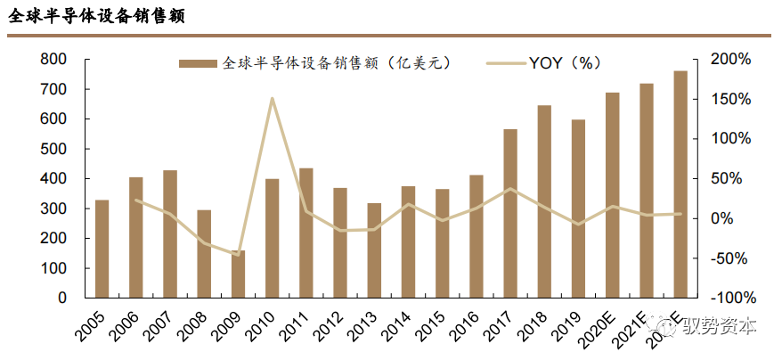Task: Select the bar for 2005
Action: coord(102,249)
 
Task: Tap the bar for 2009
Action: coord(238,274)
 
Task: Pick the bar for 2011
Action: coord(306,233)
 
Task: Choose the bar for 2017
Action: coord(510,213)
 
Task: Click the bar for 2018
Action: coord(544,201)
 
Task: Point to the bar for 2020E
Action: coord(613,194)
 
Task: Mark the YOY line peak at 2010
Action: coord(272,98)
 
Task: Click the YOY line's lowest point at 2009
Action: coord(238,255)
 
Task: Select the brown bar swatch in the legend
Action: coord(197,63)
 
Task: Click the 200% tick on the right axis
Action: coord(731,59)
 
